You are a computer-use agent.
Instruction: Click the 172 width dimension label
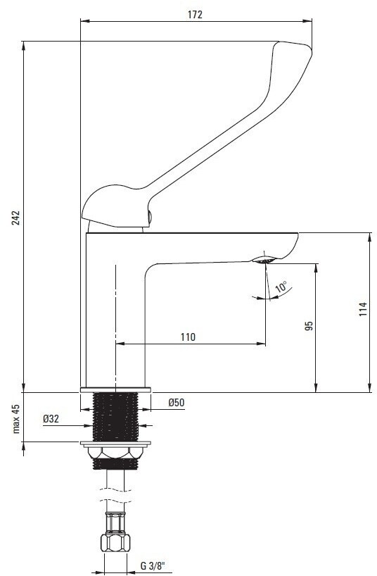coord(195,14)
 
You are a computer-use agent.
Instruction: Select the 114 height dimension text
coord(363,309)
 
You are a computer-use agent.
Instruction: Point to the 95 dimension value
coord(309,326)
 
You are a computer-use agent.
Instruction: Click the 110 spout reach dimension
coord(188,337)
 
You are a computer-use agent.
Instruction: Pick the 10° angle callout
coord(282,286)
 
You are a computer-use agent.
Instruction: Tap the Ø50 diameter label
coord(177,403)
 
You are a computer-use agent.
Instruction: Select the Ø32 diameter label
coord(51,419)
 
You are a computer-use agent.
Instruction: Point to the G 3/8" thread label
coord(153,565)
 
